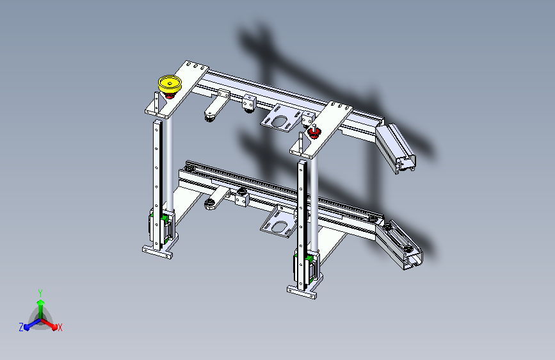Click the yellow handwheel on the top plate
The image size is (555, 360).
[170, 83]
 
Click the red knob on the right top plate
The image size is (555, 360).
[314, 133]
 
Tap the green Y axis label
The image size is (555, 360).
[40, 291]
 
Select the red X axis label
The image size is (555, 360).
[60, 327]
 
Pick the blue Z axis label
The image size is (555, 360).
[21, 327]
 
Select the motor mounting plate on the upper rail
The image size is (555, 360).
[280, 119]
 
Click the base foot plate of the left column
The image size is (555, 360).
[157, 252]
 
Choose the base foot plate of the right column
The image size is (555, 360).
[302, 293]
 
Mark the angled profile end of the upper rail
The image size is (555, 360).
[396, 149]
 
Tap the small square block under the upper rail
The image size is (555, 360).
[248, 102]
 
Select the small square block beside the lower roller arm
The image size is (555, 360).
[241, 198]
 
